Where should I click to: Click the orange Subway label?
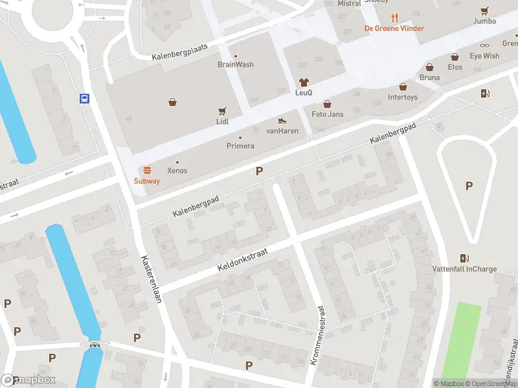pos(147,181)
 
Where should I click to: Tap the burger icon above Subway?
pos(147,171)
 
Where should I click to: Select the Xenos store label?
pos(177,171)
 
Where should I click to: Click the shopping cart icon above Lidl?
pos(223,111)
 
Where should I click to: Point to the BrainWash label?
pos(235,65)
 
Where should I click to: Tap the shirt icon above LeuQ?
pos(304,82)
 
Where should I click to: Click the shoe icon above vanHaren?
pos(282,120)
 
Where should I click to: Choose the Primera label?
pos(240,146)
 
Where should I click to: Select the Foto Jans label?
pos(327,114)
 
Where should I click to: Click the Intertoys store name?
pos(402,98)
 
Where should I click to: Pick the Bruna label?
pos(429,78)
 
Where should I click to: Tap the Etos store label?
pos(455,67)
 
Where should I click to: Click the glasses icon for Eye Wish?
pos(484,46)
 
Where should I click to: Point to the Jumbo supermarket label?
pos(484,21)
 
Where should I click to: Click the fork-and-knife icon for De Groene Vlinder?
pos(394,18)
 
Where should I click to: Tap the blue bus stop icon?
pos(84,99)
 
